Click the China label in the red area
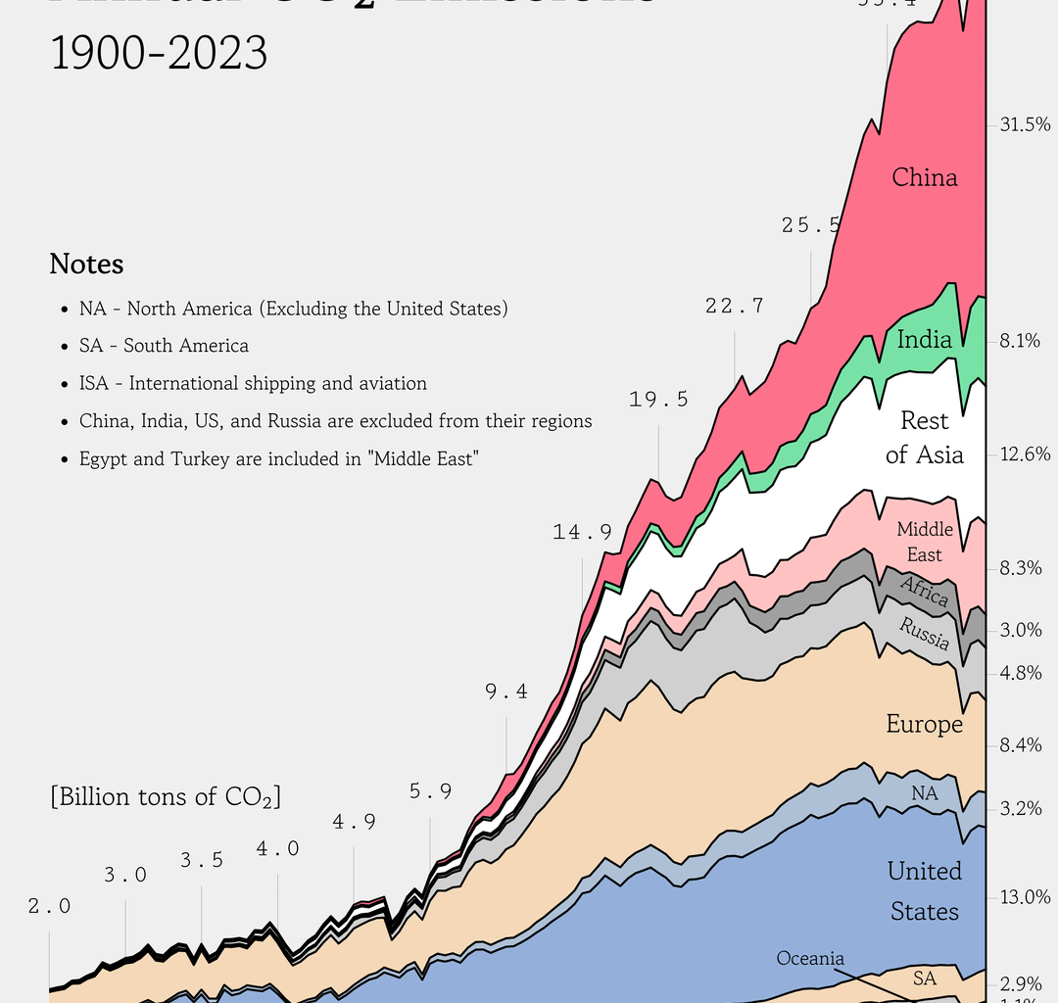coord(924,177)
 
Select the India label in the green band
coord(924,340)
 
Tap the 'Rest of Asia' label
coord(924,437)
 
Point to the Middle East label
coord(924,542)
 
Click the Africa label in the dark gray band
coord(924,592)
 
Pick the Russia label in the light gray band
coord(925,634)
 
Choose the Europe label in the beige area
coord(924,724)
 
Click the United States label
coord(924,890)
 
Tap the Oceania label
coord(810,958)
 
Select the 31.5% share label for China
coord(1025,124)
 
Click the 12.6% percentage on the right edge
coord(1025,454)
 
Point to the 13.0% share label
coord(1025,897)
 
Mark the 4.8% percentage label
coord(1020,673)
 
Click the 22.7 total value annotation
coord(734,306)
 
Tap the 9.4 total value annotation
coord(505,692)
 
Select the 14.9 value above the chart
coord(582,532)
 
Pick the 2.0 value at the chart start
coord(49,906)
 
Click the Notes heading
coord(86,264)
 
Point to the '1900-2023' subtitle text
coord(158,53)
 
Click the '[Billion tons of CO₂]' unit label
coord(166,796)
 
